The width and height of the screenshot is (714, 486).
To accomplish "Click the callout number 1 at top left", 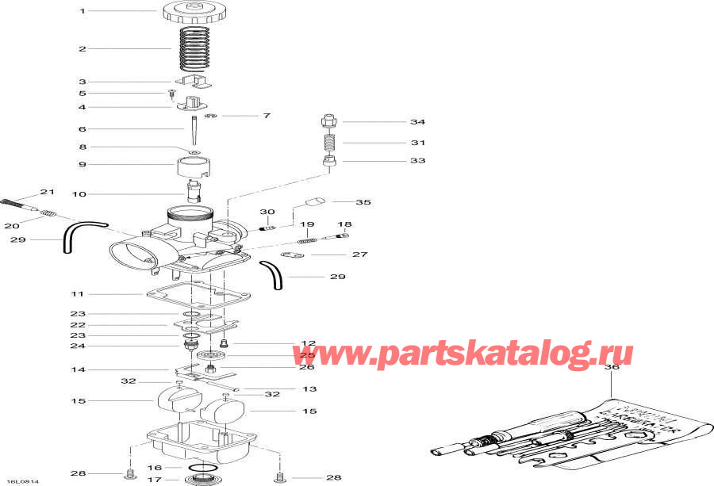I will point(81,11).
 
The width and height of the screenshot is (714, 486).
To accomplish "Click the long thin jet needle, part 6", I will point(193,128).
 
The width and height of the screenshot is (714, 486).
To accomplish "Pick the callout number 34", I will point(417,122).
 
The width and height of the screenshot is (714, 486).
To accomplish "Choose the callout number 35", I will point(363,203).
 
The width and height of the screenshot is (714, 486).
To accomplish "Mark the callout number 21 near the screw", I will point(48,193).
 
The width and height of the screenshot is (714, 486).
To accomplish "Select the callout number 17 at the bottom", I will point(155,479).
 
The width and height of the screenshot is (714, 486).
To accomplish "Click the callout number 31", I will point(417,143).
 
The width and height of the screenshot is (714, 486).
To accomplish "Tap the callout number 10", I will point(80,193).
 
